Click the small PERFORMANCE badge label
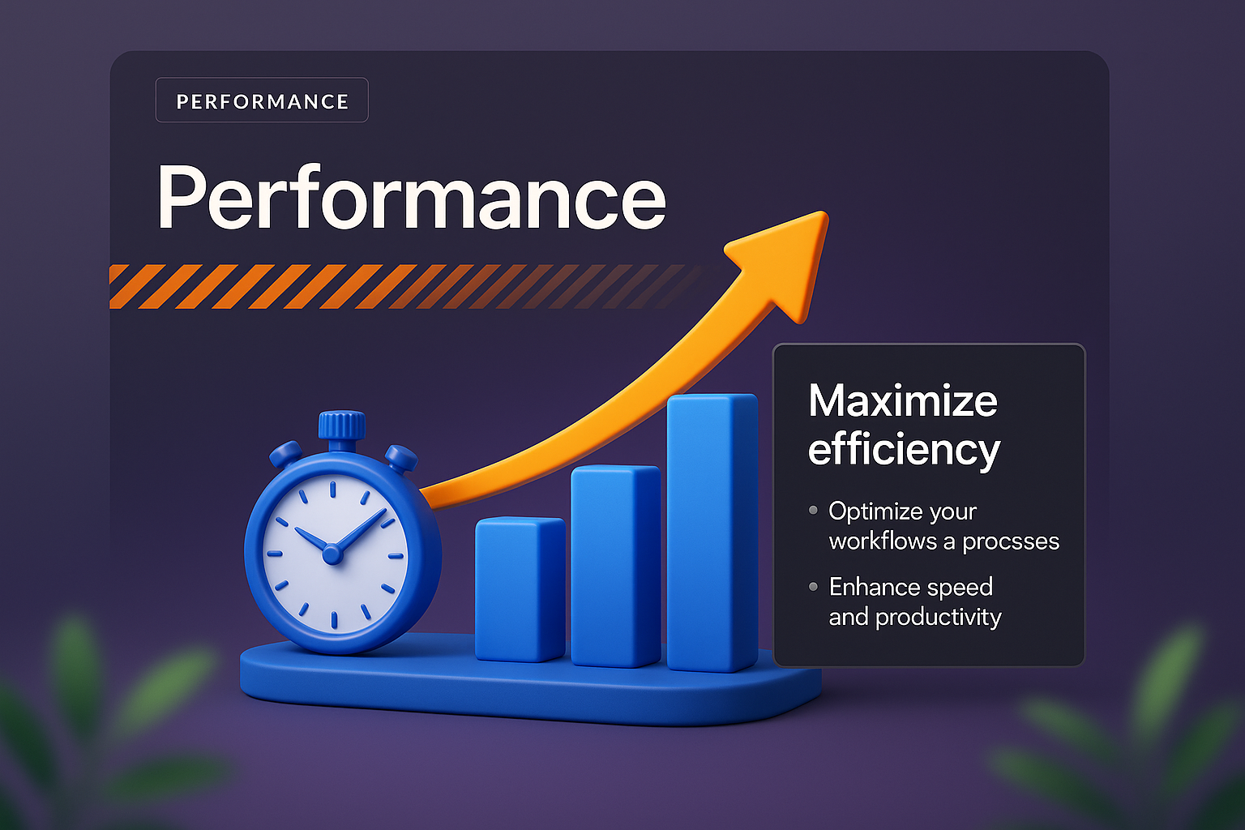263,102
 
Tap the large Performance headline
411,198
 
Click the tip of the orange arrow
824,214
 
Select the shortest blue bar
520,589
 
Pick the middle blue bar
616,566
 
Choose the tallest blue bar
712,533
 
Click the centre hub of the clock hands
332,554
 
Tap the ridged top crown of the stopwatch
342,425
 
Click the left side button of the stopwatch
285,455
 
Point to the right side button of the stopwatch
400,457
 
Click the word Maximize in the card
903,400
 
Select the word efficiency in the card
904,451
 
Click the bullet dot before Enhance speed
813,587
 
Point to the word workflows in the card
883,541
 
